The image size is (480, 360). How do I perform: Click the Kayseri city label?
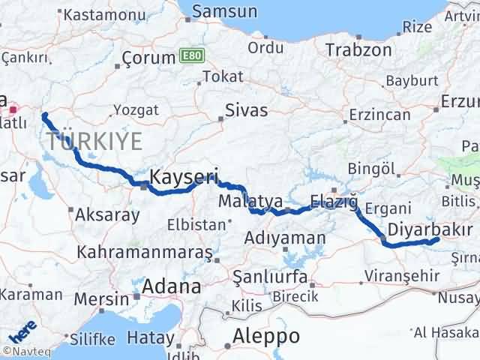(183, 178)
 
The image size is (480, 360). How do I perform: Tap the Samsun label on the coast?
(224, 11)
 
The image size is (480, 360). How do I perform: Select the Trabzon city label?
(358, 50)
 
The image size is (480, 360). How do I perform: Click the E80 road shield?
(188, 56)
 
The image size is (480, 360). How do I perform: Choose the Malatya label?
(250, 201)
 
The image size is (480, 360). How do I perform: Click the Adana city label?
(173, 286)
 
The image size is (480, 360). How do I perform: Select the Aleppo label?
(266, 335)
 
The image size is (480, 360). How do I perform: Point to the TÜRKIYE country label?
(94, 140)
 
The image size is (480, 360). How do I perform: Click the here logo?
(20, 328)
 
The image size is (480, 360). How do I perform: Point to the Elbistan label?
(197, 223)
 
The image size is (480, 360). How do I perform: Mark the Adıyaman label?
(286, 238)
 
